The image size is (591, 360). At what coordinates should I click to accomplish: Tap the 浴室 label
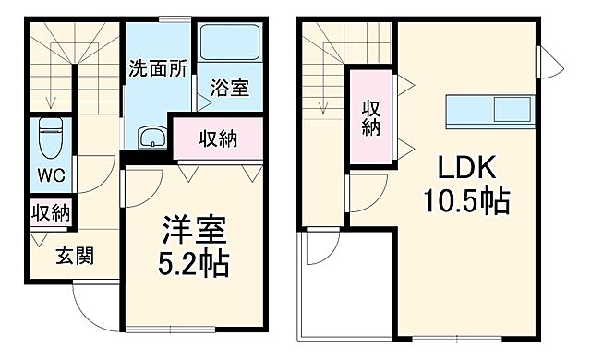(x=230, y=90)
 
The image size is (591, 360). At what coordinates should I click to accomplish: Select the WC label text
(x=51, y=173)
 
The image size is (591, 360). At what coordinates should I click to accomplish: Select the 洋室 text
(x=195, y=228)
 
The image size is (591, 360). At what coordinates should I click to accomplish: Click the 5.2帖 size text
(x=195, y=264)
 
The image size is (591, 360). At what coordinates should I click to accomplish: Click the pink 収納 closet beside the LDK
(x=371, y=116)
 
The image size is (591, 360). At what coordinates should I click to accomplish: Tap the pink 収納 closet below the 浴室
(x=218, y=139)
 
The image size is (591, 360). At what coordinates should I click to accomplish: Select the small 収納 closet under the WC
(x=51, y=213)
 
